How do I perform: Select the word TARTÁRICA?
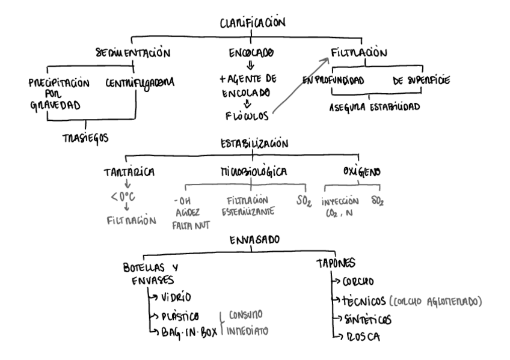[x=129, y=172]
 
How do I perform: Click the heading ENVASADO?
[x=254, y=240]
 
